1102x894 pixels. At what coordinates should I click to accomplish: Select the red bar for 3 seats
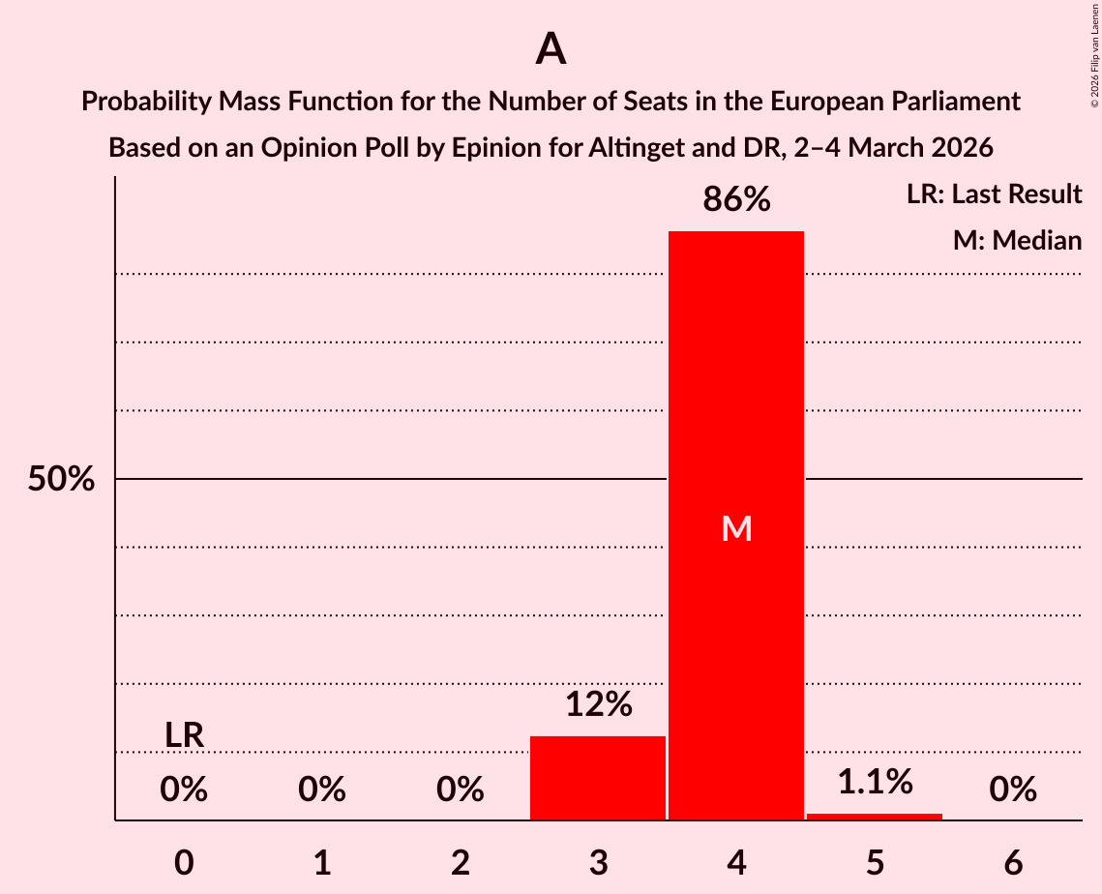tap(598, 778)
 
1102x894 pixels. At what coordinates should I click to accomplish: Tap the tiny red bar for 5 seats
tap(875, 817)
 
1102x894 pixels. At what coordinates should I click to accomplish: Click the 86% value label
tap(736, 200)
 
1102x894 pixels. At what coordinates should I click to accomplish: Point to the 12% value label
tap(598, 704)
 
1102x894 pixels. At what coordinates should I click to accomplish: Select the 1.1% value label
tap(875, 782)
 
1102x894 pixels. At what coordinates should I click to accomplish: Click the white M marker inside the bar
tap(736, 528)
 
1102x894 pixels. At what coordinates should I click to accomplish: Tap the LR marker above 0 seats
tap(184, 735)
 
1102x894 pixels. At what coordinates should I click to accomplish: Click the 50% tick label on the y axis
tap(61, 479)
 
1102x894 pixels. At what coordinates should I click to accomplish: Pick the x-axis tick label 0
tap(184, 863)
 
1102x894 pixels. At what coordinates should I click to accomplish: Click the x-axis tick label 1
tap(322, 863)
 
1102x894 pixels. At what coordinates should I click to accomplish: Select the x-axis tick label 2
tap(461, 863)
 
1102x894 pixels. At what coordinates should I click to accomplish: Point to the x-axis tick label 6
tap(1013, 863)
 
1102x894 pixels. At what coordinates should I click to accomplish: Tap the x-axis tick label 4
tap(736, 863)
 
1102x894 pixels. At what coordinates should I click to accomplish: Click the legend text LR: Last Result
tap(994, 194)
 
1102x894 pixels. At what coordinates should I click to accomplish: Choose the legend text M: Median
tap(1017, 240)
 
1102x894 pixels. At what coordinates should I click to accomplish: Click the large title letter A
tap(551, 48)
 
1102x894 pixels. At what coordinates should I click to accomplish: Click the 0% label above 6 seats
tap(1013, 790)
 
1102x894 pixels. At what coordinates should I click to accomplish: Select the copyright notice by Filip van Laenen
tap(1093, 54)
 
